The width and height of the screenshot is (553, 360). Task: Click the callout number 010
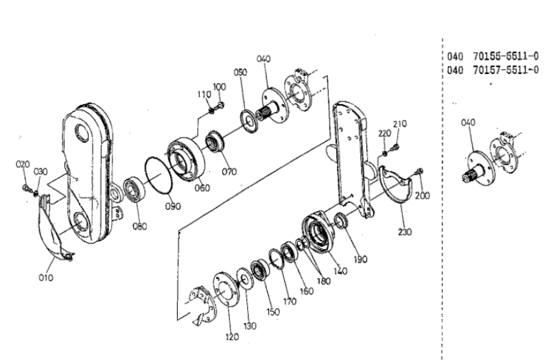coord(45,277)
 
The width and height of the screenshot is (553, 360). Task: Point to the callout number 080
coord(140,227)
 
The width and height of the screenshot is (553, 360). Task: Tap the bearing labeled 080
coord(134,188)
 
